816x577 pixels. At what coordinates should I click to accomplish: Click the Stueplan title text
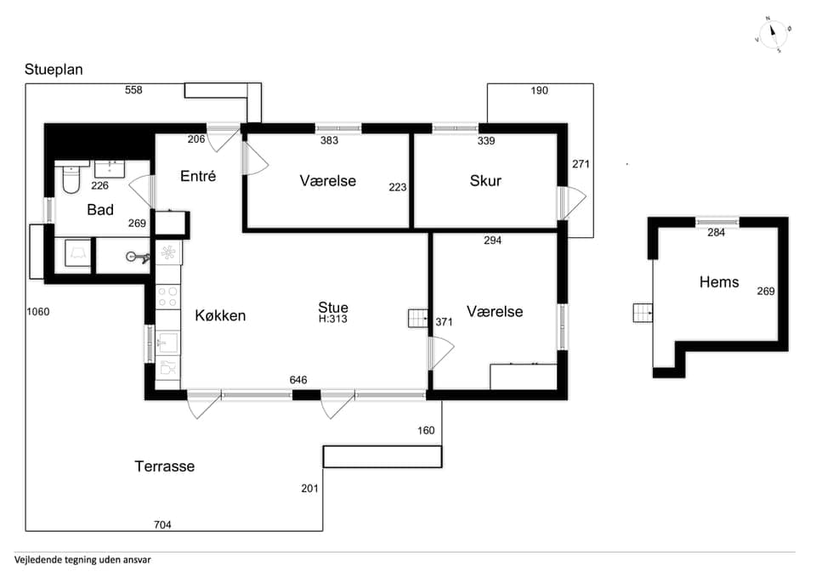(x=54, y=70)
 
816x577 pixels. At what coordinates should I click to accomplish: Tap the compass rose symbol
(x=773, y=35)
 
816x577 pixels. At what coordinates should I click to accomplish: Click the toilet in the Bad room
(x=71, y=178)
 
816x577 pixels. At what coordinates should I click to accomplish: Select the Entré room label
(x=198, y=176)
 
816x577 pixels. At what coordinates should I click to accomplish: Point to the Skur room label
(x=485, y=180)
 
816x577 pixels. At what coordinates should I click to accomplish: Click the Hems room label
(x=719, y=282)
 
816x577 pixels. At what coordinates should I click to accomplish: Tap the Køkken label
(x=220, y=315)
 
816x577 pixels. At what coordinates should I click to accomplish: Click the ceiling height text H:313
(x=333, y=319)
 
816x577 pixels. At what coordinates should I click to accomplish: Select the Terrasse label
(x=164, y=467)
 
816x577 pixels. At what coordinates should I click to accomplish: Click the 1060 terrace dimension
(x=38, y=312)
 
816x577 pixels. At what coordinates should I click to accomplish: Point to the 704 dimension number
(x=162, y=524)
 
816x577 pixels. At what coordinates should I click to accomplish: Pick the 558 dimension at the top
(x=133, y=90)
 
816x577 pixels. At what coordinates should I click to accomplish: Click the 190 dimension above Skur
(x=539, y=91)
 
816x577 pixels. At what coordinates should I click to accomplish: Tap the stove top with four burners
(x=167, y=297)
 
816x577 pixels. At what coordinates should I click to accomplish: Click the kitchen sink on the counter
(x=167, y=342)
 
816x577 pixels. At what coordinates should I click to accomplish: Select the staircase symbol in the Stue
(x=417, y=318)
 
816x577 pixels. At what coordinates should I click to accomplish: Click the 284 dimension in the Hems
(x=716, y=233)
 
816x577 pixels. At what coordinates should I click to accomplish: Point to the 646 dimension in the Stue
(x=298, y=381)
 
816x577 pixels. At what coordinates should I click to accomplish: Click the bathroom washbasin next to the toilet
(x=110, y=169)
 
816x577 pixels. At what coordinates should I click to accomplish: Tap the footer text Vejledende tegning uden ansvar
(x=82, y=560)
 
